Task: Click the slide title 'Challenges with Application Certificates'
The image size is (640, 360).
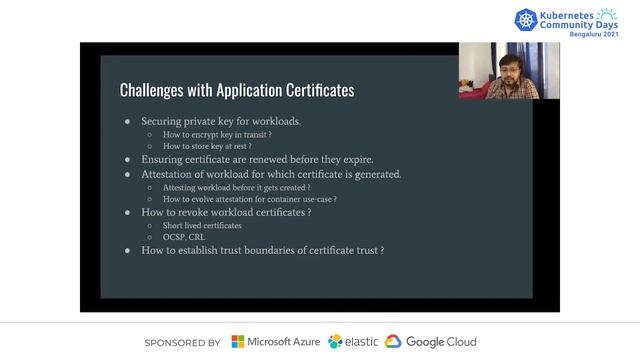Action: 237,90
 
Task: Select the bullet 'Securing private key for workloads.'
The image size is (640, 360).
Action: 221,121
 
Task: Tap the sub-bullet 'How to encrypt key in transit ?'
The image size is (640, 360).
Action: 217,134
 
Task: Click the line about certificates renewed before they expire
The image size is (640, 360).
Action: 257,159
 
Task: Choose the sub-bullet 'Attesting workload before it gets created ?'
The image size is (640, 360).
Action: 236,187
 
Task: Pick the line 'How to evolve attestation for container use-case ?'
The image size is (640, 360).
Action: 249,199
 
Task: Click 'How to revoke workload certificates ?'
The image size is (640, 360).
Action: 226,212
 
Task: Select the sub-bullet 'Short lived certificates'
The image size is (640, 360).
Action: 202,225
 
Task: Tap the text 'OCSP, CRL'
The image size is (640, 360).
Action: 184,237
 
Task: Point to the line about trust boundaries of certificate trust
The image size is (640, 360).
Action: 263,250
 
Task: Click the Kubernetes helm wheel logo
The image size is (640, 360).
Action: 527,19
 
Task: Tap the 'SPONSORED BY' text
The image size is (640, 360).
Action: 182,342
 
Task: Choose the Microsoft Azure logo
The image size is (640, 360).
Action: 276,342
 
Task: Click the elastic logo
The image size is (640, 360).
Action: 353,342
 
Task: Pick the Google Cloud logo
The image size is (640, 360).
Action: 431,342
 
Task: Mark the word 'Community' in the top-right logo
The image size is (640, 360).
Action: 575,23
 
